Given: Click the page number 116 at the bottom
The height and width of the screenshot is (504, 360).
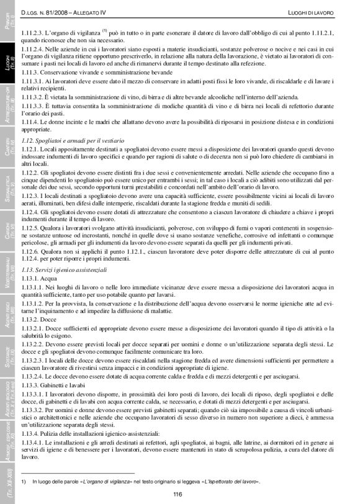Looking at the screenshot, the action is tap(178, 494).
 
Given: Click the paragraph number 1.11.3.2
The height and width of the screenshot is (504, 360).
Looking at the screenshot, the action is tap(32, 97).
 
